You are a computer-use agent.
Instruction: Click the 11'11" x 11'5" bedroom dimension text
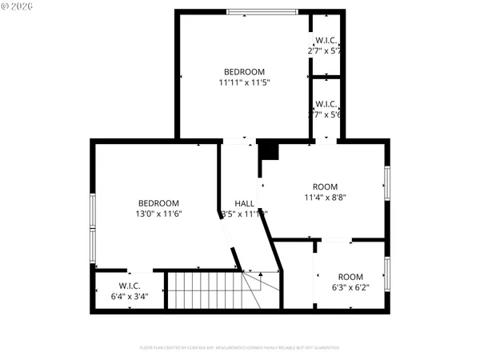[244, 82]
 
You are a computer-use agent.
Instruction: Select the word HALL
[245, 203]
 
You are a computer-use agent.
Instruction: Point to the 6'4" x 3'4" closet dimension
[130, 297]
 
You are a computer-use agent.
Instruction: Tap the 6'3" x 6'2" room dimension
[350, 288]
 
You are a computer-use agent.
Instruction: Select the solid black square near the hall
[268, 150]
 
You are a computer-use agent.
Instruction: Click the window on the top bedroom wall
[262, 12]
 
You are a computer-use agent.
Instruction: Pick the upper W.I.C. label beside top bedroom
[326, 40]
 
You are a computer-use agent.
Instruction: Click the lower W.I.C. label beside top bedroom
[326, 104]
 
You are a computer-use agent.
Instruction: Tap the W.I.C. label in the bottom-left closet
[130, 286]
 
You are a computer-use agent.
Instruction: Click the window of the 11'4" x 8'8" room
[387, 183]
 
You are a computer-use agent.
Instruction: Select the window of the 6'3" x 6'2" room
[387, 275]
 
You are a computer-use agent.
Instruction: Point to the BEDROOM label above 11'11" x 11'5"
[244, 71]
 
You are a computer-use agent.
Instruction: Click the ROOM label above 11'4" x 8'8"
[325, 186]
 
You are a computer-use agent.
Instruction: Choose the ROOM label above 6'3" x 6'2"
[350, 277]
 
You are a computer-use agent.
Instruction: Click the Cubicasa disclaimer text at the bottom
[240, 348]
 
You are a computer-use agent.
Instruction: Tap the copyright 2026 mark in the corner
[16, 8]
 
